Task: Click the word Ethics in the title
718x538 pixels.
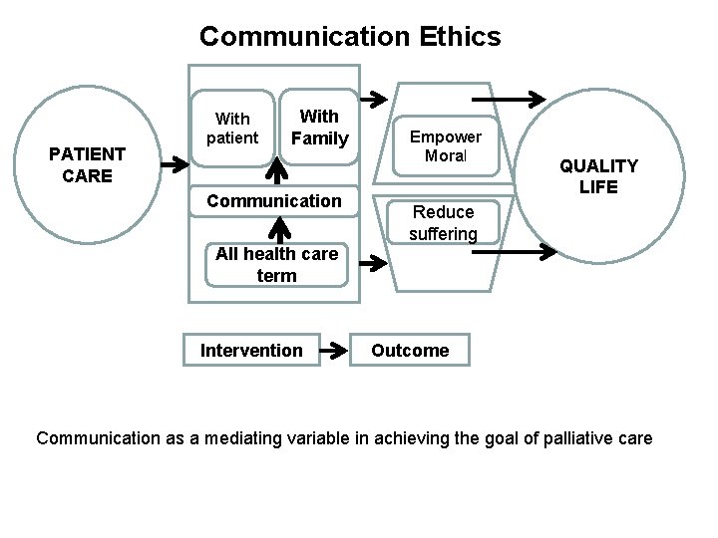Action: click(455, 37)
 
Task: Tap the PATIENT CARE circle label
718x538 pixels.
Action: click(88, 165)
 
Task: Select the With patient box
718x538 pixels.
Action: click(232, 128)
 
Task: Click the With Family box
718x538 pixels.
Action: click(318, 128)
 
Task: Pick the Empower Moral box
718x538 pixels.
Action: click(446, 146)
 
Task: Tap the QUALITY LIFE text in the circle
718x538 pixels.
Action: click(597, 176)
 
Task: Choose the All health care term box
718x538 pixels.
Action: click(276, 264)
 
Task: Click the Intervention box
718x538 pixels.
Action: click(251, 350)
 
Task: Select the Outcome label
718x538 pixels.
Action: click(410, 350)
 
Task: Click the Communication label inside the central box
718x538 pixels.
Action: click(273, 200)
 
